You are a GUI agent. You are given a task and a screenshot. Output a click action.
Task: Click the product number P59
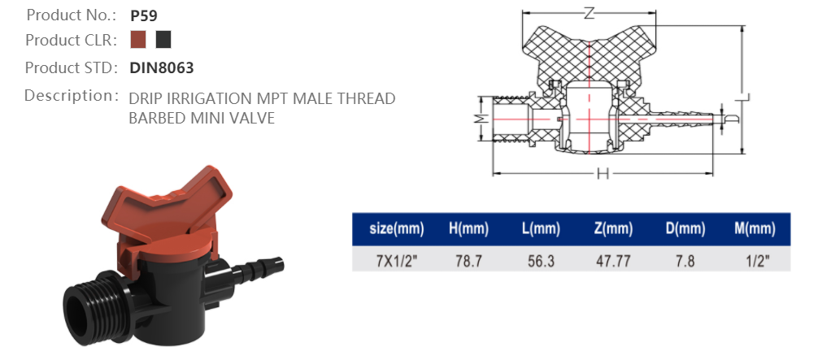point(143,15)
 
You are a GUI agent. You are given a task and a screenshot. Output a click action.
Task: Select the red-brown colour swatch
point(138,40)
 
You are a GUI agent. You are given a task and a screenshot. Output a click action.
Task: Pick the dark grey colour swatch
point(163,40)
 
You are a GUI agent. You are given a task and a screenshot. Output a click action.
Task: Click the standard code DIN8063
point(162,67)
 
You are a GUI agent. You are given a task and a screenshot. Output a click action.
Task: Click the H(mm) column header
point(468,229)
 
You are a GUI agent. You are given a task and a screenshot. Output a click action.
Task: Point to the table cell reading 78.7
point(468,262)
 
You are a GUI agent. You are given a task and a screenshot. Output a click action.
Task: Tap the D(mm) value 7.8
point(685,262)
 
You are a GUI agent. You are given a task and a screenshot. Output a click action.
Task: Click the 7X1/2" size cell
point(396,262)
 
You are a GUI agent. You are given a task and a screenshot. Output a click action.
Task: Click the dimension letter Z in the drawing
point(590,12)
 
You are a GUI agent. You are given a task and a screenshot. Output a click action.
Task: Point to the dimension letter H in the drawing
point(603,173)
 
